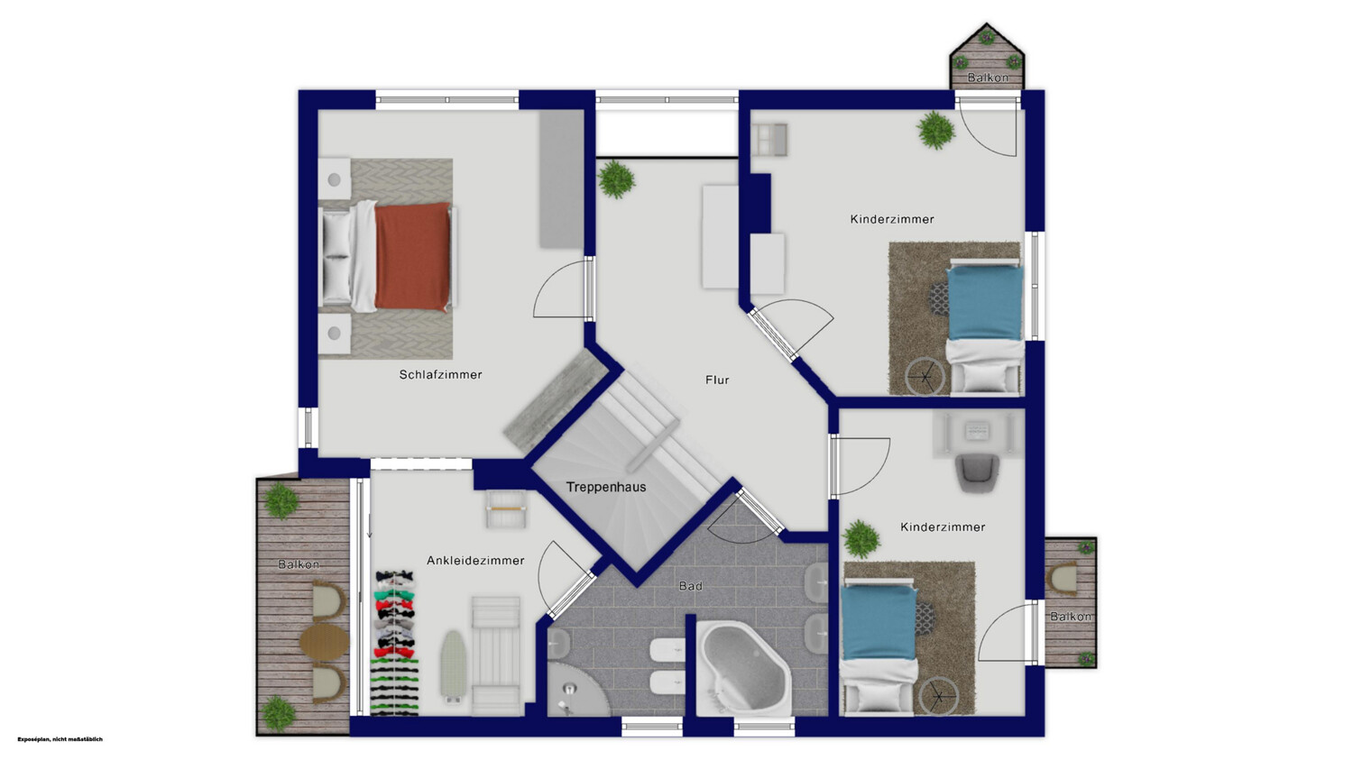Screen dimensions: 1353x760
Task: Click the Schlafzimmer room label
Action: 440,375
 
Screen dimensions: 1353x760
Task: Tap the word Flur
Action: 717,380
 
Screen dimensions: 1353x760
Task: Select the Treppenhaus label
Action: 606,487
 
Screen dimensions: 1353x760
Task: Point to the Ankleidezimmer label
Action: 475,561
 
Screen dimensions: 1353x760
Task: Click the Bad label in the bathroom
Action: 690,585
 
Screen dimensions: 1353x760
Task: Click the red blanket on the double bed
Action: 413,257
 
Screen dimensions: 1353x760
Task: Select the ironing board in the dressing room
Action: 452,667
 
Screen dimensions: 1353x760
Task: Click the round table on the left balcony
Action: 325,642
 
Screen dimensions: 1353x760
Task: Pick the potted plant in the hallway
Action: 616,179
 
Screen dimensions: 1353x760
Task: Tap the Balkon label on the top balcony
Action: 988,78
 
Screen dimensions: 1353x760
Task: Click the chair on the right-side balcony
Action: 1063,578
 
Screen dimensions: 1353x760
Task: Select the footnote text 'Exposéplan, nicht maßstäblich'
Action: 60,739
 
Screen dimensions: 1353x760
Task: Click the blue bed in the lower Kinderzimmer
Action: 879,623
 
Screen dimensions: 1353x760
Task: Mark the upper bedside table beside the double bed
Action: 334,179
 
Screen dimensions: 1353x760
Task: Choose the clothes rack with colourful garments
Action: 395,643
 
